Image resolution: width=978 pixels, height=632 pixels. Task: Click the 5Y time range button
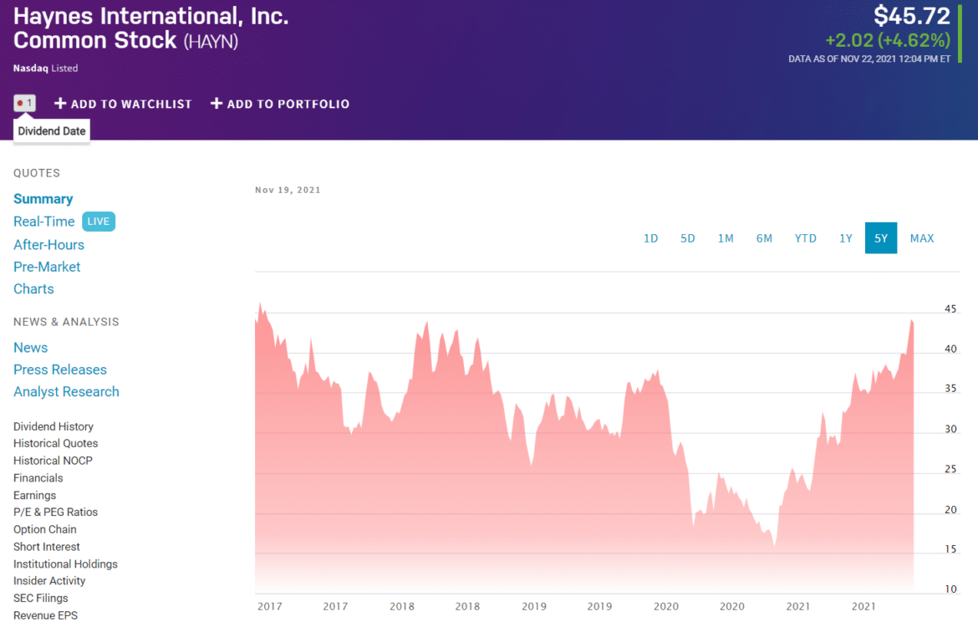click(x=881, y=238)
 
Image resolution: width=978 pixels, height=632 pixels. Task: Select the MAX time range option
click(x=922, y=238)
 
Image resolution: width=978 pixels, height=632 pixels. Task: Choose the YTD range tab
click(x=805, y=238)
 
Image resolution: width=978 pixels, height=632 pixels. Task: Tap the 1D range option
click(x=650, y=238)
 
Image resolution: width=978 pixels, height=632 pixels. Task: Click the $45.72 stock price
click(x=912, y=16)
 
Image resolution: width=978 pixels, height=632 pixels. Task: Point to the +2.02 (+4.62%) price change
click(x=887, y=40)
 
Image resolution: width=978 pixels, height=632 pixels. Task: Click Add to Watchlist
click(x=123, y=104)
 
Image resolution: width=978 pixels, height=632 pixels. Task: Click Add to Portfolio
click(x=280, y=104)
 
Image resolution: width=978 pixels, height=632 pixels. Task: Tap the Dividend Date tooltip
click(x=52, y=131)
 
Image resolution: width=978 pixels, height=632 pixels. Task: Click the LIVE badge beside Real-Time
click(x=99, y=222)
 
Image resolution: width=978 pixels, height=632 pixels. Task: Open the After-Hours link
click(x=48, y=245)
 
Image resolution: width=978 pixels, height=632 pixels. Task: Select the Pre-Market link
click(x=47, y=267)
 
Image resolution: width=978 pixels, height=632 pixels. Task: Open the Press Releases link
click(x=60, y=370)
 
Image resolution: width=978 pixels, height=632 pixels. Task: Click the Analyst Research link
click(x=66, y=391)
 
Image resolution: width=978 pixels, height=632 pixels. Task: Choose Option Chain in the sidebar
click(x=45, y=529)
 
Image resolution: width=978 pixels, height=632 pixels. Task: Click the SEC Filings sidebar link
click(x=40, y=598)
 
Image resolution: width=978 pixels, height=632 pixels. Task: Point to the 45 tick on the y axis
click(x=950, y=308)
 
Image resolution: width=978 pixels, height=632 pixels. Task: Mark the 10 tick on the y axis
click(x=950, y=589)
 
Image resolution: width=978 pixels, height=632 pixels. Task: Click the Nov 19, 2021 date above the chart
click(x=288, y=190)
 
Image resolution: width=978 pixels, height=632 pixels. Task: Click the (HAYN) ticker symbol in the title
click(x=211, y=41)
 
